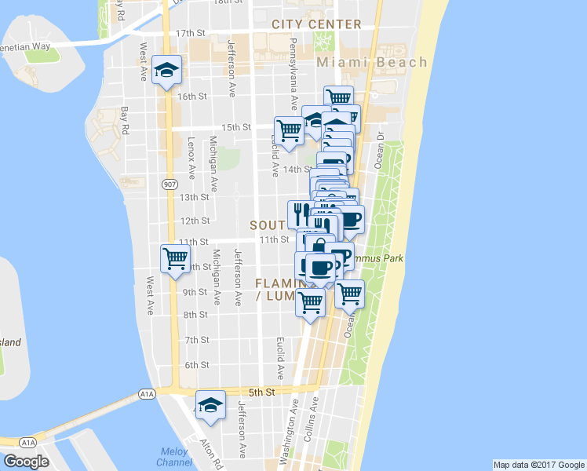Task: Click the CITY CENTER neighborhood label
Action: pos(316,24)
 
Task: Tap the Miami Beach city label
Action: pos(372,62)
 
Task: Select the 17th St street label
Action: pos(190,33)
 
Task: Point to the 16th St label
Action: pos(191,97)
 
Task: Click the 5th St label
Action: pos(264,392)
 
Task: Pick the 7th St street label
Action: pos(196,340)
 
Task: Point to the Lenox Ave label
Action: pos(191,159)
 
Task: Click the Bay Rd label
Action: pos(124,119)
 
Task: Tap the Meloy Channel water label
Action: pos(173,457)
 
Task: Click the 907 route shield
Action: pos(170,184)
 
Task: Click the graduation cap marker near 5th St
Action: pos(210,405)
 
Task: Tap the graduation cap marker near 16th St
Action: pos(167,71)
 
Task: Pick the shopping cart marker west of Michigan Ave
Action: pos(175,257)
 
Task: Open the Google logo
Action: pos(26,462)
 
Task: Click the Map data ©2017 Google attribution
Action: pos(538,465)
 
